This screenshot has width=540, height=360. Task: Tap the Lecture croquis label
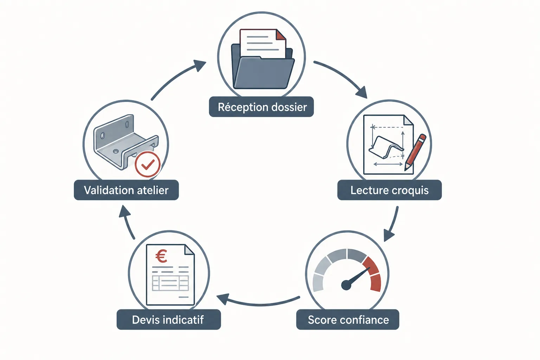[x=390, y=190]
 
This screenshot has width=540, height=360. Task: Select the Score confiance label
[x=348, y=320]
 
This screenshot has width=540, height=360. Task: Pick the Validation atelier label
[x=126, y=190]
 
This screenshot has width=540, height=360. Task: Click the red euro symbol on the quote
[x=161, y=256]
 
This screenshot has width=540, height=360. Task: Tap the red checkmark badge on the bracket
[x=148, y=165]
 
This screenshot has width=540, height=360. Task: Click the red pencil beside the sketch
[x=415, y=152]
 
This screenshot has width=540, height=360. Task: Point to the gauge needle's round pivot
[x=346, y=285]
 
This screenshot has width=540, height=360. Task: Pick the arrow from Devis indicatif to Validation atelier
[x=127, y=222]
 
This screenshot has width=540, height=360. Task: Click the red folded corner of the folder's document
[x=281, y=34]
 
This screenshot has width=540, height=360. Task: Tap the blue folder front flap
[x=264, y=72]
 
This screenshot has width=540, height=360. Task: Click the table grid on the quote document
[x=170, y=283]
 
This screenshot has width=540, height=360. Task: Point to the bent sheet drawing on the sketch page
[x=386, y=147]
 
